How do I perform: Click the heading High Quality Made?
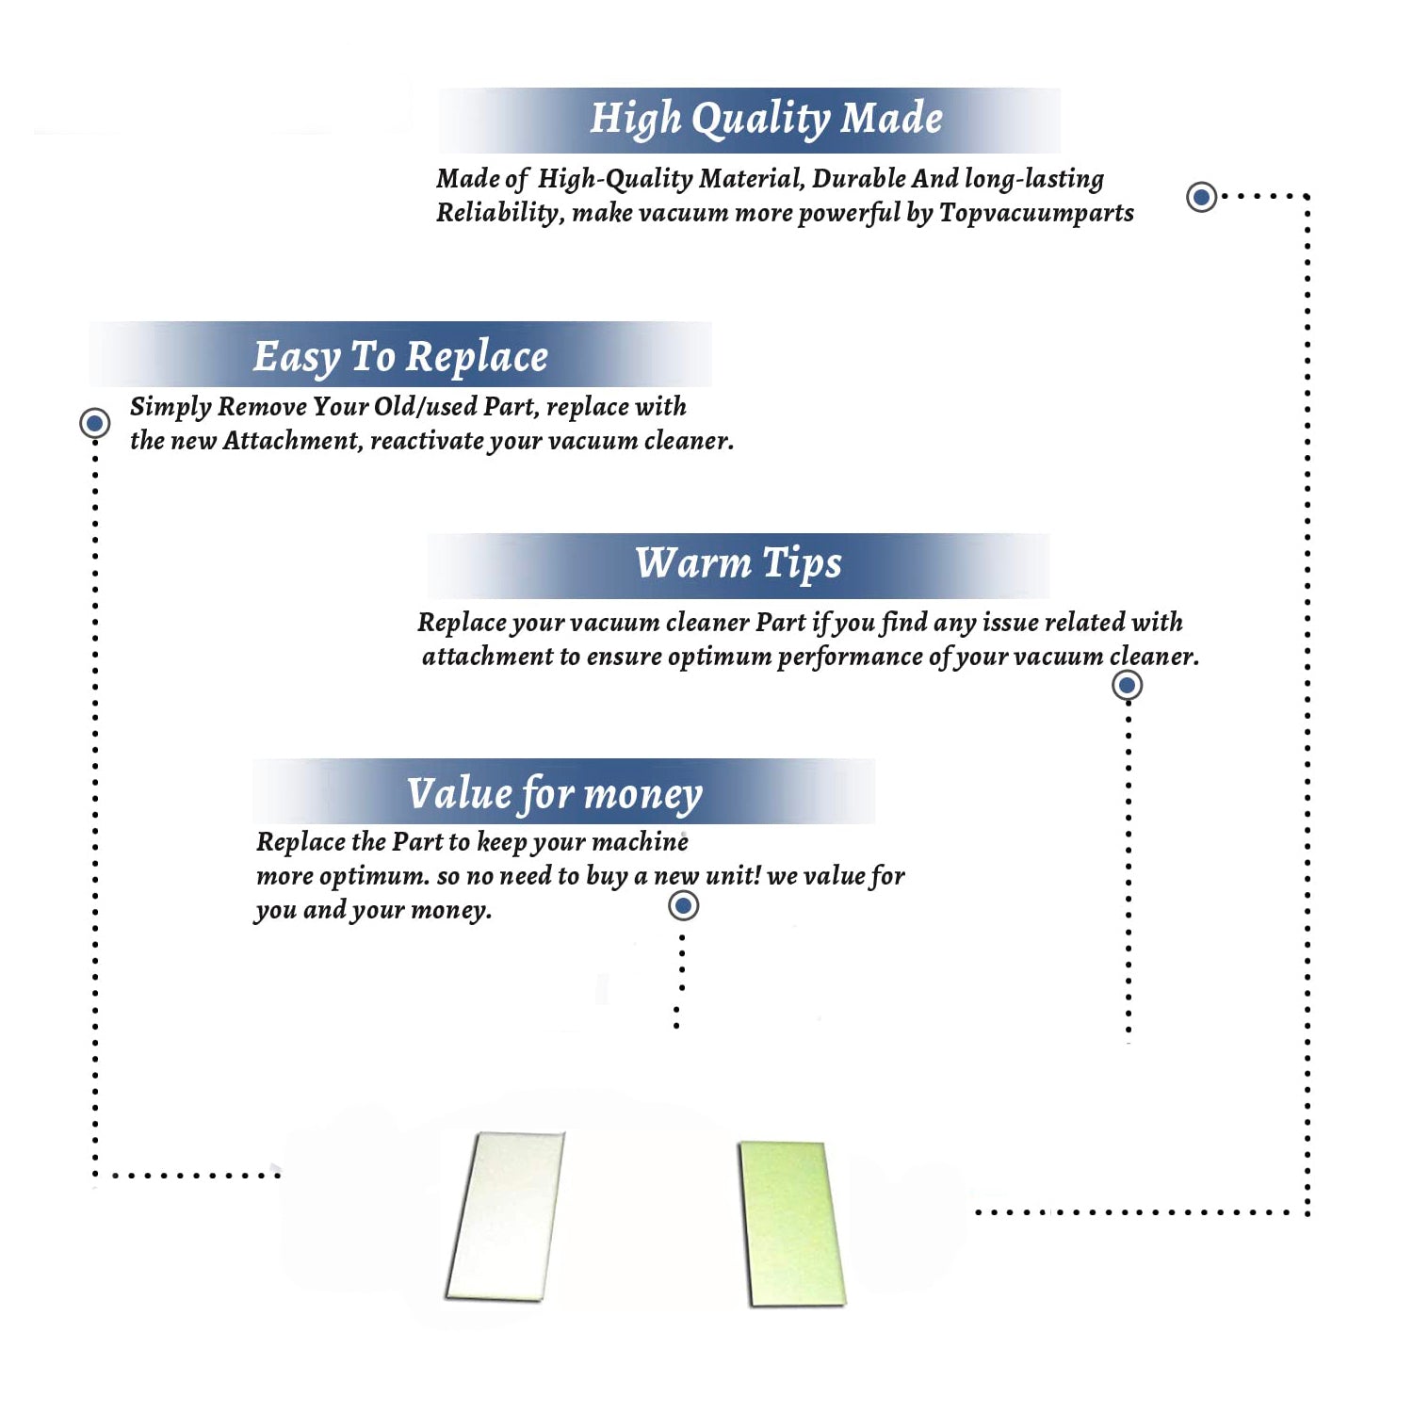(766, 120)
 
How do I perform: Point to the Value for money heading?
(555, 794)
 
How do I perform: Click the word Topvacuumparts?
(1036, 214)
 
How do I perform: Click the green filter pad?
(791, 1224)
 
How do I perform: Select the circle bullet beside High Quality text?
(1201, 197)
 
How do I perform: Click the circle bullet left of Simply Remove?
(94, 423)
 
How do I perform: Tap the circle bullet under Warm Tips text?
(1127, 685)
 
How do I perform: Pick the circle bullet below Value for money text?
(683, 906)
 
